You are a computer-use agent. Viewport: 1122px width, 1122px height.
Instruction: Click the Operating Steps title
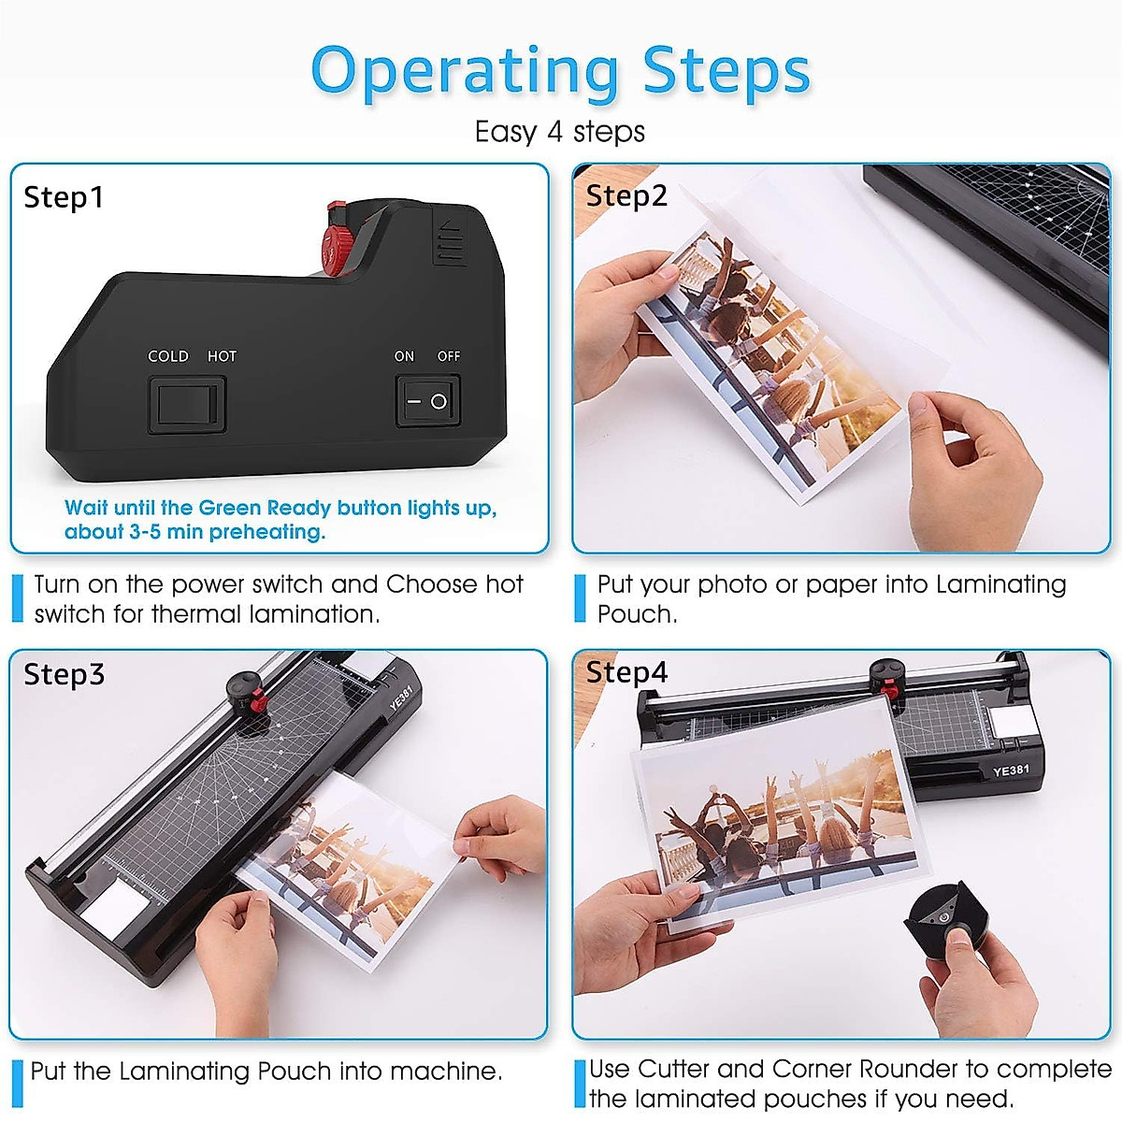(560, 72)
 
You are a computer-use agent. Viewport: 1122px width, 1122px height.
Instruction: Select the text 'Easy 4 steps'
(559, 132)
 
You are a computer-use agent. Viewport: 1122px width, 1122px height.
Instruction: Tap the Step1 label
(64, 197)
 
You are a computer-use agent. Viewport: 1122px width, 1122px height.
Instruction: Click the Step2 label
(626, 196)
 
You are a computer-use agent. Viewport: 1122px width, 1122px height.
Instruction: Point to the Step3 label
(64, 674)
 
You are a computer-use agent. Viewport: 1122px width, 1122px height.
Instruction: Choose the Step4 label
(626, 672)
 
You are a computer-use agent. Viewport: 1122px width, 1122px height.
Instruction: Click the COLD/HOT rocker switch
(186, 403)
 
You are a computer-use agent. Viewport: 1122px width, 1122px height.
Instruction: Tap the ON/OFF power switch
(427, 401)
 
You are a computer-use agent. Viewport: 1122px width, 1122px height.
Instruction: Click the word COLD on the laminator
(168, 356)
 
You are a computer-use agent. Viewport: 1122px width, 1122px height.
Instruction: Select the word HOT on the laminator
(222, 356)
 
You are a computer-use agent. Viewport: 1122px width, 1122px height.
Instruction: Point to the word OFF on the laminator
(449, 356)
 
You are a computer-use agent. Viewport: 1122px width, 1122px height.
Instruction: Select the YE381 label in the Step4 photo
(1011, 770)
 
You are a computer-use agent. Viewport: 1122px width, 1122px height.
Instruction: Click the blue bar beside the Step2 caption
(580, 598)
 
